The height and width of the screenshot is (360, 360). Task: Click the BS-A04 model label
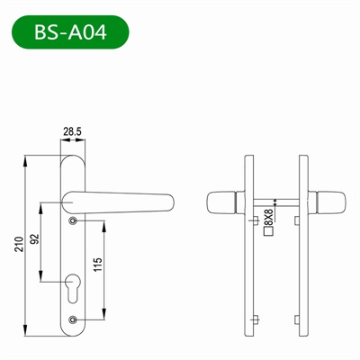tap(69, 32)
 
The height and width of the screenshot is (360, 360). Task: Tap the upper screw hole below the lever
tap(73, 220)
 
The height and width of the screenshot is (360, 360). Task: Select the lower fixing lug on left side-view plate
tap(256, 319)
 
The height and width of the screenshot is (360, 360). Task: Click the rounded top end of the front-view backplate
tap(73, 158)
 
